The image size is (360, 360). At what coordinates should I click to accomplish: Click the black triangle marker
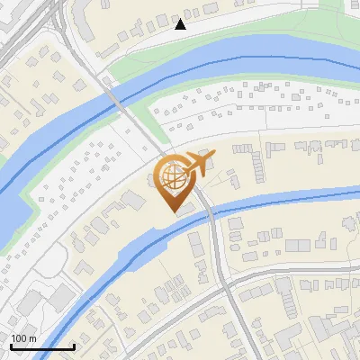(x=180, y=24)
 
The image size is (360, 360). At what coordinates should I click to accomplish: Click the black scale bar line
(x=42, y=346)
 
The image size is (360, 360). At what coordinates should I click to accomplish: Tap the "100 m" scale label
(x=24, y=338)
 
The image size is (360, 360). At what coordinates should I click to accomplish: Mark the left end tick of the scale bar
(x=11, y=346)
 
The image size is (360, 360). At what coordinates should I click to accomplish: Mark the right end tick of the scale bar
(x=74, y=346)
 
